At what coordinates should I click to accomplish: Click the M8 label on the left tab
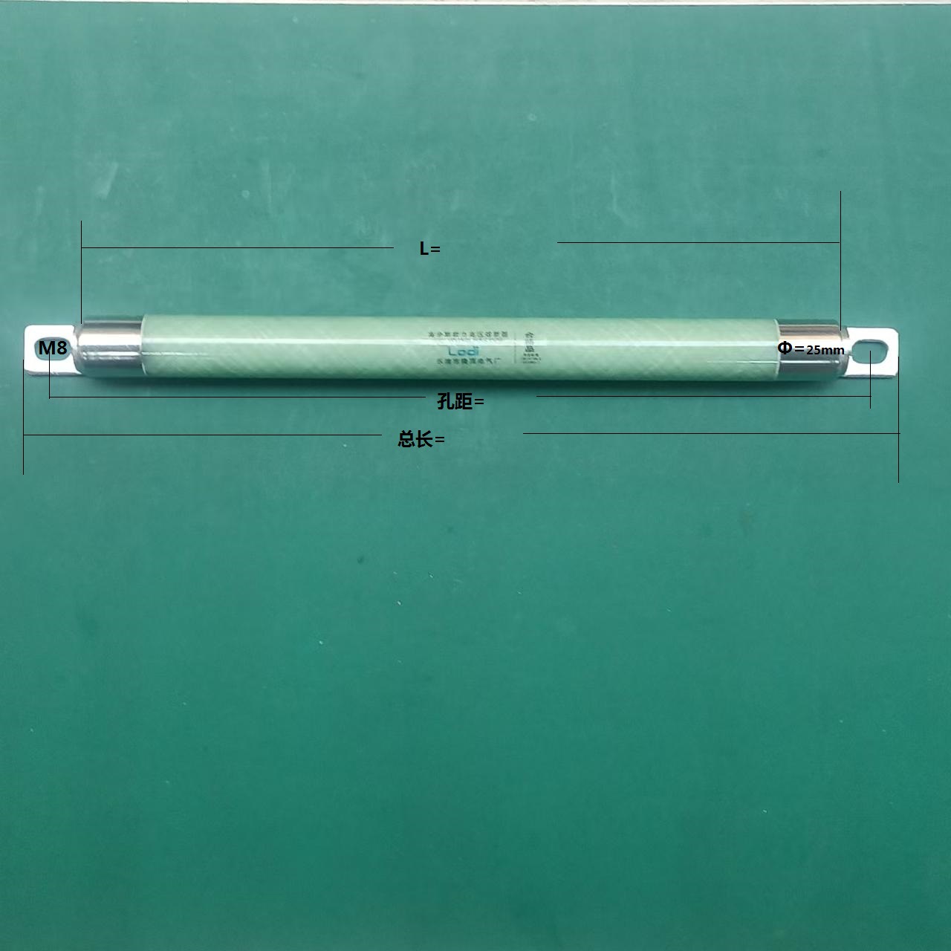[x=52, y=348]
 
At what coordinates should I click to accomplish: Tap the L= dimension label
[x=429, y=250]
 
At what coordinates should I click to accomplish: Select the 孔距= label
[x=460, y=402]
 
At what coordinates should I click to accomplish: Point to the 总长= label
[x=421, y=440]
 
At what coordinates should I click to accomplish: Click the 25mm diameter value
[x=825, y=350]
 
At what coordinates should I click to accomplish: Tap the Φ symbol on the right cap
[x=785, y=347]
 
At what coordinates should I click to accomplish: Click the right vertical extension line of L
[x=840, y=253]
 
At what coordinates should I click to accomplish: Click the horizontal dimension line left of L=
[x=238, y=247]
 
